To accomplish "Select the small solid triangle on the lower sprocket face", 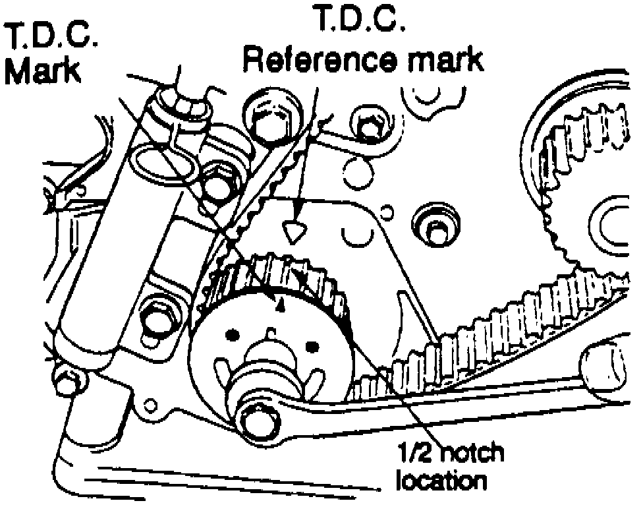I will (x=280, y=304).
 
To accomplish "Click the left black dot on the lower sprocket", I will (x=232, y=338).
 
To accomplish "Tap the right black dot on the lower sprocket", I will (x=312, y=344).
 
